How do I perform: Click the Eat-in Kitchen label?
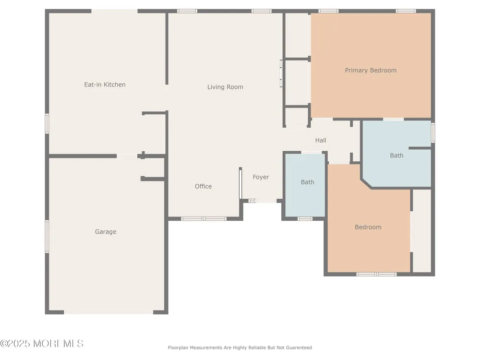(x=105, y=84)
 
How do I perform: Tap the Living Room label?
(x=225, y=87)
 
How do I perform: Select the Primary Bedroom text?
(x=371, y=71)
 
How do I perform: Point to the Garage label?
(x=106, y=232)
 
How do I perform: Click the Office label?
(x=203, y=186)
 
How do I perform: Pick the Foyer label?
(x=261, y=177)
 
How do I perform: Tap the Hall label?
(x=321, y=140)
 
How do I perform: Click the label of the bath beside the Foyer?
(x=307, y=182)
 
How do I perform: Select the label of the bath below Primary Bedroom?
(x=396, y=156)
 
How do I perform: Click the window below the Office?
(x=204, y=218)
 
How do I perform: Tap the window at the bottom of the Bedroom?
(x=376, y=274)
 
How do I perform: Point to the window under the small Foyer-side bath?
(x=305, y=218)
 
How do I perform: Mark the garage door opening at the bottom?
(x=108, y=312)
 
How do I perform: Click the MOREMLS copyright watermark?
(x=42, y=344)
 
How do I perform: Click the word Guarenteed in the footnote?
(x=299, y=348)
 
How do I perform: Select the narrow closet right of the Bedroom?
(x=421, y=231)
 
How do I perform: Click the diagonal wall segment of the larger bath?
(x=366, y=183)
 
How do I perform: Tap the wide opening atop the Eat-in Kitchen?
(x=114, y=11)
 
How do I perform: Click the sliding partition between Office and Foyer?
(x=240, y=183)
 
